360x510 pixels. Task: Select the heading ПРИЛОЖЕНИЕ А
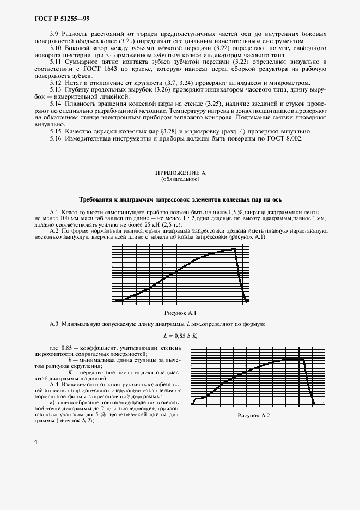tap(180, 173)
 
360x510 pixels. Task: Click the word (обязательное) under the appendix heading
tap(180, 179)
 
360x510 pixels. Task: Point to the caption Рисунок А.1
tap(180, 313)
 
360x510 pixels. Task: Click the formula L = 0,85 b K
tap(180, 336)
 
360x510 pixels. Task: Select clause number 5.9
tap(54, 34)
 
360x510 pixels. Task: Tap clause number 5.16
tap(56, 138)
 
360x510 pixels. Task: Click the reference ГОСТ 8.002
tap(283, 138)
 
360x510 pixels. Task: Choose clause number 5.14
tap(56, 103)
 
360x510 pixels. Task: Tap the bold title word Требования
tap(99, 199)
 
